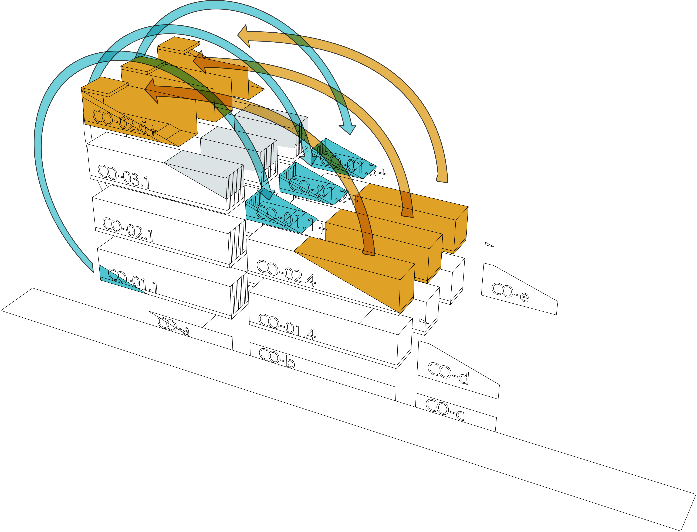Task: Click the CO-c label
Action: click(445, 410)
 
